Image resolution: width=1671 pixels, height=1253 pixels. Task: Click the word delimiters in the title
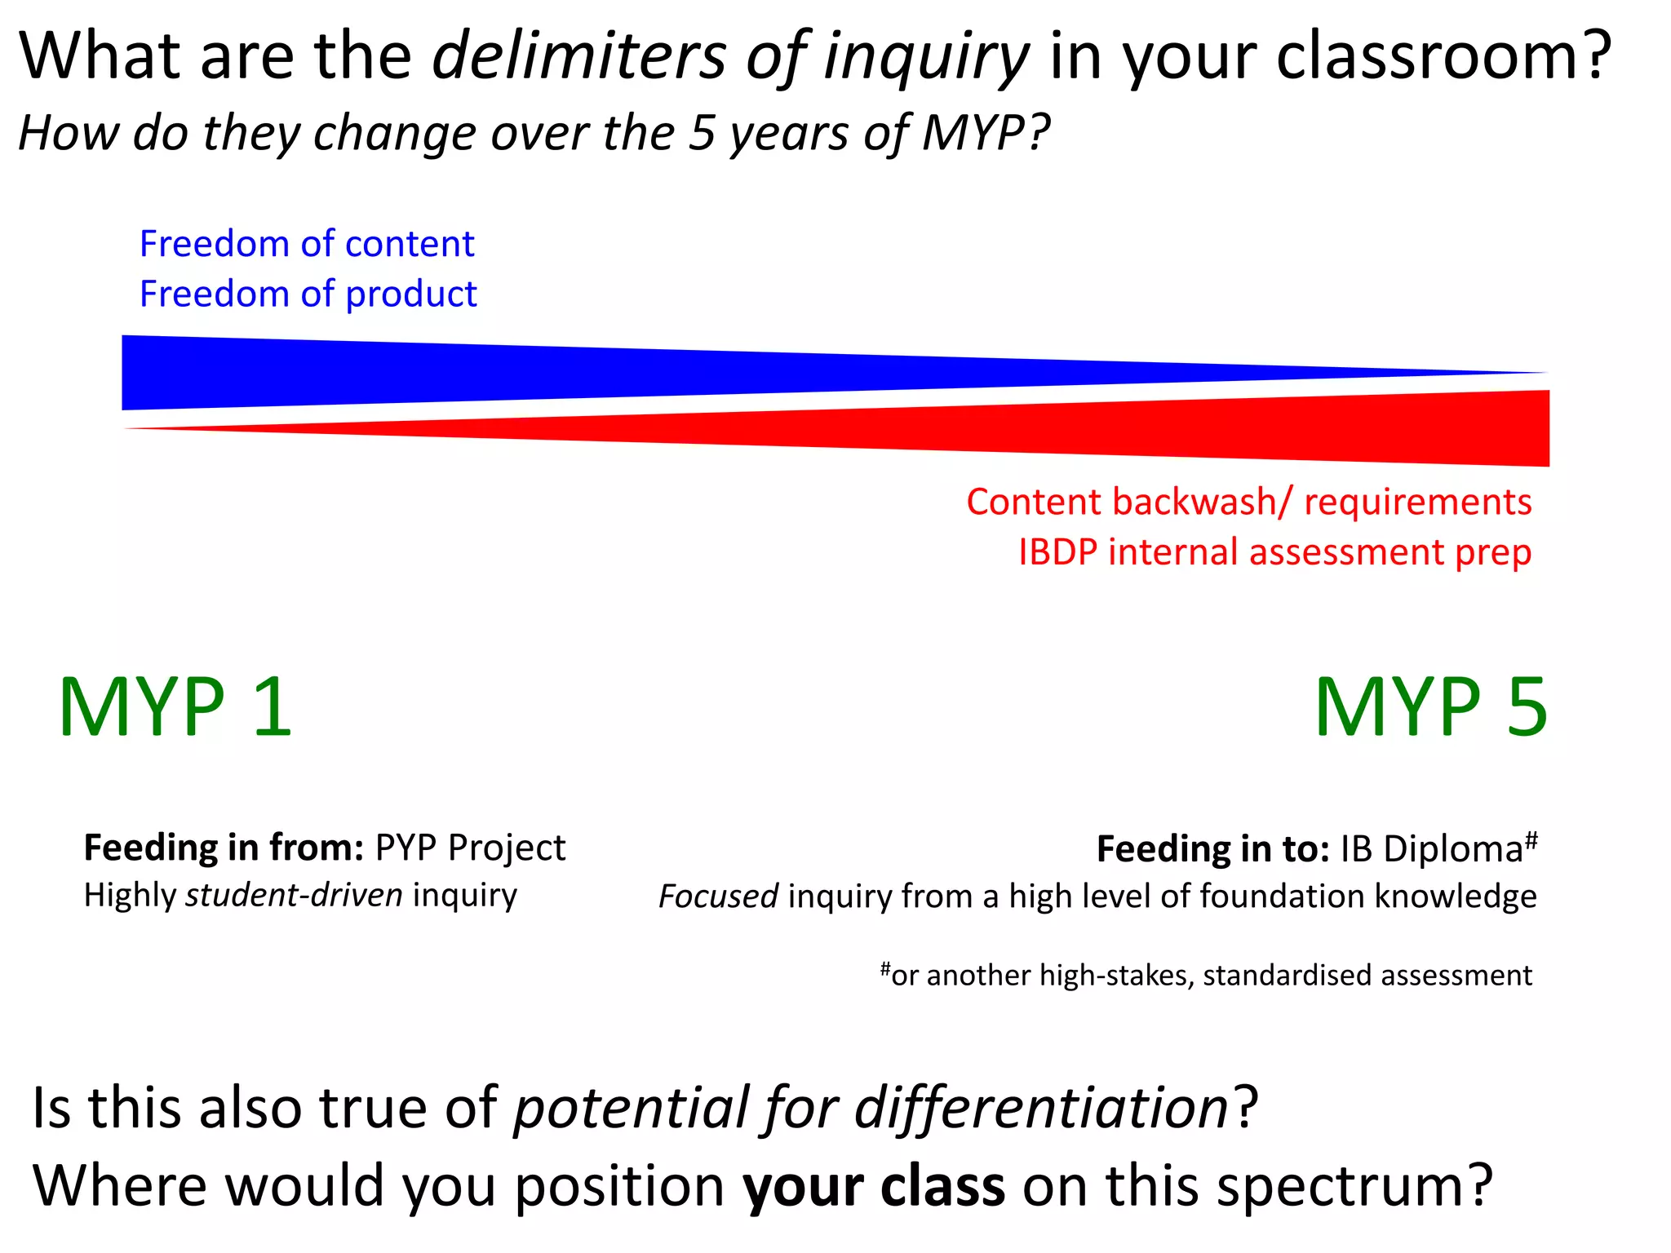click(578, 57)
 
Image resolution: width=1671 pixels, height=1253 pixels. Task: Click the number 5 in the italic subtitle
click(702, 133)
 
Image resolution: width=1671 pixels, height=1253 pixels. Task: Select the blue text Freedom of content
click(307, 244)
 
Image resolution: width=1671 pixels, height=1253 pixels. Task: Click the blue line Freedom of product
click(308, 294)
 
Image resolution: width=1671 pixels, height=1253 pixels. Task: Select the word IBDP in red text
click(1057, 552)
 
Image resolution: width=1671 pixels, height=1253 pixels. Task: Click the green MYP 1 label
click(175, 707)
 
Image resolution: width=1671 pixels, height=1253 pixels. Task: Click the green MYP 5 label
click(1430, 707)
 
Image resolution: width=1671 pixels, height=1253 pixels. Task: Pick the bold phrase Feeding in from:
click(224, 848)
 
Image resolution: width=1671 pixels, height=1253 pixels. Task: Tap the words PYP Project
click(470, 848)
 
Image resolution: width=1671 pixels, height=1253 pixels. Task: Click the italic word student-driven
click(294, 896)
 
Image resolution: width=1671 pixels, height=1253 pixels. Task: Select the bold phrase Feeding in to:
click(1212, 849)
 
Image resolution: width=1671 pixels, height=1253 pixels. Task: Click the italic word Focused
click(718, 897)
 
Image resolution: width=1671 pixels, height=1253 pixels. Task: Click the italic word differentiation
click(1041, 1108)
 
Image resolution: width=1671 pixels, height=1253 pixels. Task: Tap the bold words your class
click(873, 1186)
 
